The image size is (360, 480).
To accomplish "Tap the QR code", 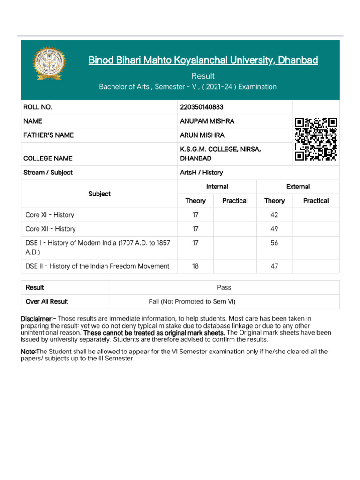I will click(316, 139).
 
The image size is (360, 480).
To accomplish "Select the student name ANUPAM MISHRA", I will click(207, 121).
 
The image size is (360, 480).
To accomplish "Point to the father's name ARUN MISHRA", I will click(202, 135).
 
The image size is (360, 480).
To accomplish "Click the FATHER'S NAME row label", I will click(48, 135).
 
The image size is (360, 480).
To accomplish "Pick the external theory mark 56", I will click(274, 243).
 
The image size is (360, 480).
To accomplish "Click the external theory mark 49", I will click(274, 229).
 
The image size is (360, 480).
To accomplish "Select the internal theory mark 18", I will click(195, 266).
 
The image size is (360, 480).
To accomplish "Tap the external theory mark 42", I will click(274, 215).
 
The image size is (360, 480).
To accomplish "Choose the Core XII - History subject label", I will click(51, 229).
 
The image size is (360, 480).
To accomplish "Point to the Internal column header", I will click(217, 187).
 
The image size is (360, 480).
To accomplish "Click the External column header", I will click(298, 187).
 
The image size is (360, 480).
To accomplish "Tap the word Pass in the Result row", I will click(224, 287).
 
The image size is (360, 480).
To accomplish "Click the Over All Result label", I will click(47, 301).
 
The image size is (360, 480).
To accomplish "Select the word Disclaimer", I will click(38, 319).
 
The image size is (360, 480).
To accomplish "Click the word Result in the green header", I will click(203, 76).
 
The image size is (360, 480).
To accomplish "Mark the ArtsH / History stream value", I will click(202, 172).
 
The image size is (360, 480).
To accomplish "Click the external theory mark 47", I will click(274, 266).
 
